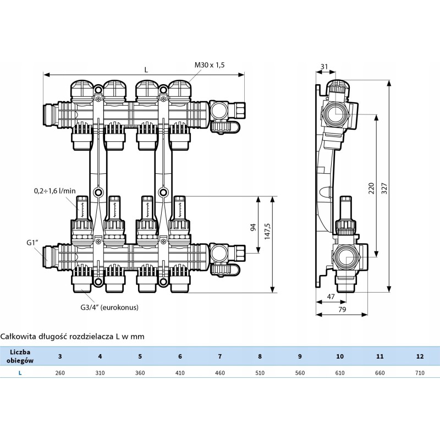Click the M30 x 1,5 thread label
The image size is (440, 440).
click(210, 65)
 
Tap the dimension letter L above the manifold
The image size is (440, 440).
click(146, 69)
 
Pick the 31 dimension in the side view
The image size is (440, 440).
click(324, 67)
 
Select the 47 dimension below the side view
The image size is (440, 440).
click(331, 296)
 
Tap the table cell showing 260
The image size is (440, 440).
click(60, 372)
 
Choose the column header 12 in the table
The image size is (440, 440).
click(420, 356)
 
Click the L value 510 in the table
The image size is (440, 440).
click(260, 372)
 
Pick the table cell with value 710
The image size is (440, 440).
click(420, 372)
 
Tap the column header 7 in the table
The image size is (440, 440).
click(220, 356)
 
